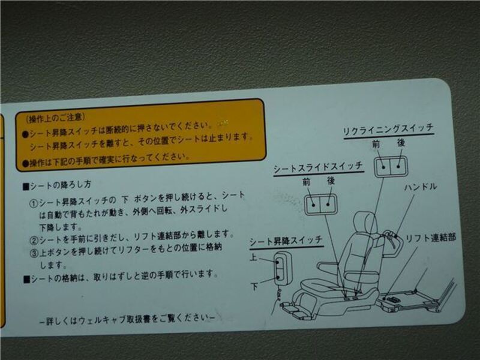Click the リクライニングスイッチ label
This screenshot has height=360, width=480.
[388, 130]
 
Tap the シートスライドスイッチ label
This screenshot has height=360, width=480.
[318, 168]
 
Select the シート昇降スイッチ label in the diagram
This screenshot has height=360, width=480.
[286, 241]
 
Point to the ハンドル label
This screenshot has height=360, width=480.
[421, 187]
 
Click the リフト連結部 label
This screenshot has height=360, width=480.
[431, 238]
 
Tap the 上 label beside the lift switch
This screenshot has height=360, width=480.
[253, 257]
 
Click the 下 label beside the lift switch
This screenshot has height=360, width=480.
[254, 286]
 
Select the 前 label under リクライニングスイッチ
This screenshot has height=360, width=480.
[376, 144]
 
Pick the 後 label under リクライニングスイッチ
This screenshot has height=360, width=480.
[401, 142]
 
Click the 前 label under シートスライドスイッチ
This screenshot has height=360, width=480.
[306, 182]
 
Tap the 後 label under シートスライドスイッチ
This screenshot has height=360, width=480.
[331, 181]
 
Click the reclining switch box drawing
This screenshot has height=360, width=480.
[391, 166]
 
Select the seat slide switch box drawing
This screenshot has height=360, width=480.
[320, 204]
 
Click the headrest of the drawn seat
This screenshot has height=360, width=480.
[364, 222]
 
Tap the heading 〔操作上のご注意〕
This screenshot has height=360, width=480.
[55, 118]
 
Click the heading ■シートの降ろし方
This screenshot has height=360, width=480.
[57, 185]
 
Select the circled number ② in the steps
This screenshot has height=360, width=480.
[34, 240]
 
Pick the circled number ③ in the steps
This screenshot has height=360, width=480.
[34, 253]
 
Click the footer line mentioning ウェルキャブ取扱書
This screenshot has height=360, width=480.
[127, 319]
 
